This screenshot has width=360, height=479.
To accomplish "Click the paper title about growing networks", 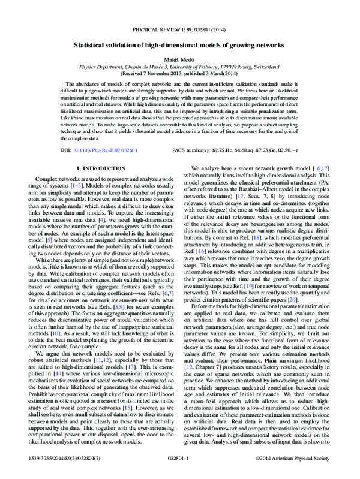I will [179, 45].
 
